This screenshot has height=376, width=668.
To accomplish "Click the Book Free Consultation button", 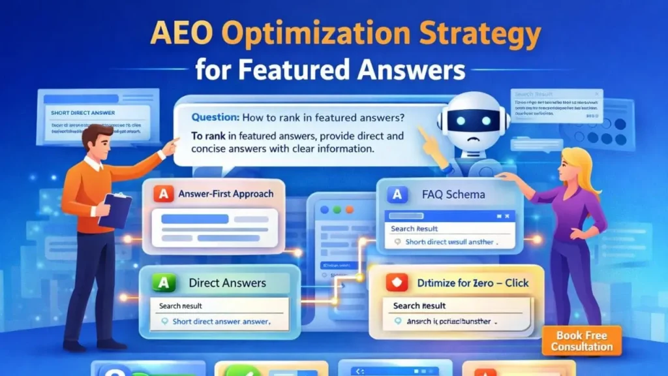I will coord(581,341).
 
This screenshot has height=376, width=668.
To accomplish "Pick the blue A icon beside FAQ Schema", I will coord(397,194).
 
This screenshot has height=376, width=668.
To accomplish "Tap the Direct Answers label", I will coord(227,283).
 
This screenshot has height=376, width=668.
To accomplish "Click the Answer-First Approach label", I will coord(226,194).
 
